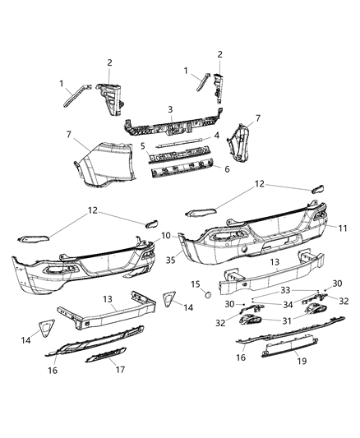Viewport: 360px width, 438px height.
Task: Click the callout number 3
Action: [169, 108]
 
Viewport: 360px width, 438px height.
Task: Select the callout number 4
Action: [215, 135]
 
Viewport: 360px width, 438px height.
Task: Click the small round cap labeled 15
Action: [208, 293]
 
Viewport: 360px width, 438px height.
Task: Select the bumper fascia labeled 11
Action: [255, 247]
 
